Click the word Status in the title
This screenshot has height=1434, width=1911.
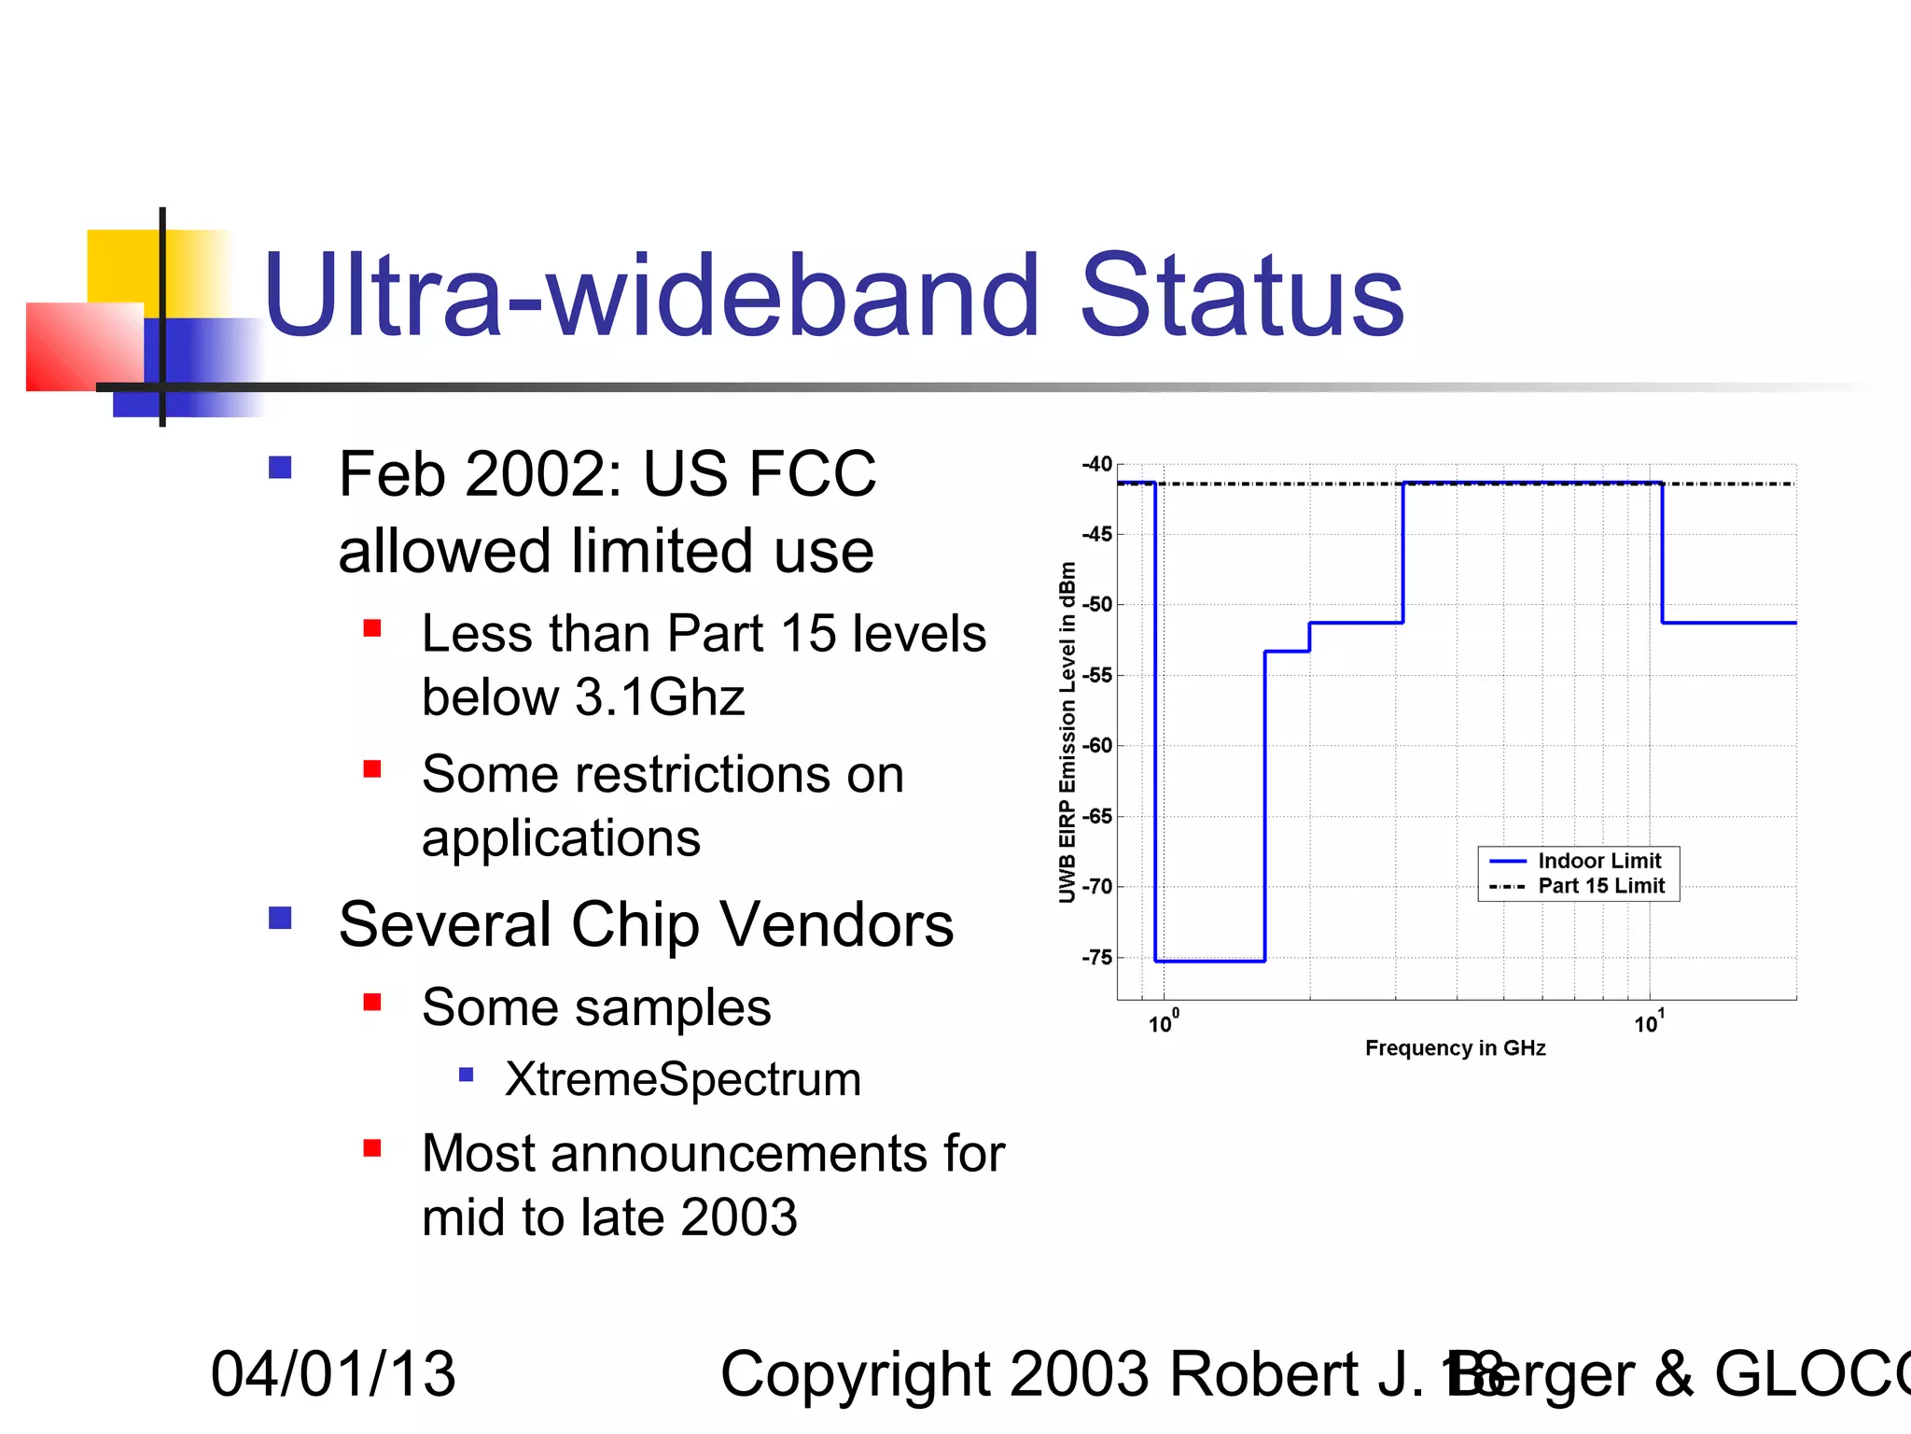click(1241, 297)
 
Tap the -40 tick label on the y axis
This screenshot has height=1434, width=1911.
click(1096, 464)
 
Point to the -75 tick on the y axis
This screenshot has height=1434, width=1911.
click(1096, 957)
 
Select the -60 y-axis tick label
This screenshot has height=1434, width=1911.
click(1096, 745)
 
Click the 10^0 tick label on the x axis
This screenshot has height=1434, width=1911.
click(1163, 1022)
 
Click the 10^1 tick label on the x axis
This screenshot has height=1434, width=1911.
click(1648, 1022)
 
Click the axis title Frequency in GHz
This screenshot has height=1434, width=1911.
click(1455, 1048)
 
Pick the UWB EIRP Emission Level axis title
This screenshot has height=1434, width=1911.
click(1067, 733)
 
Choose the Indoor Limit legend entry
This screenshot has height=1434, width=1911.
click(1598, 861)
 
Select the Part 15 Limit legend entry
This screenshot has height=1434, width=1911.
click(1600, 886)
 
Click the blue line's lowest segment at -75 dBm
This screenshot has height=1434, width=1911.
click(1209, 961)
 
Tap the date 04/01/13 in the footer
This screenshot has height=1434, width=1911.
click(333, 1374)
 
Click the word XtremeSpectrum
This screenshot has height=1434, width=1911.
click(682, 1079)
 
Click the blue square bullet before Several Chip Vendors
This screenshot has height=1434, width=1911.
click(280, 918)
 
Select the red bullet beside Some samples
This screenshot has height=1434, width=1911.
click(372, 1003)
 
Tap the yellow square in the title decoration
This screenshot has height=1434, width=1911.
click(121, 266)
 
